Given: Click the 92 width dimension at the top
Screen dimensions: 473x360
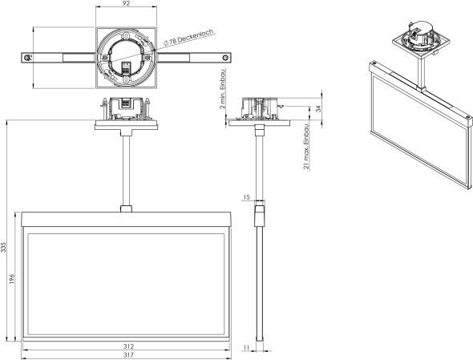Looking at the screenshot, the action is [x=127, y=4].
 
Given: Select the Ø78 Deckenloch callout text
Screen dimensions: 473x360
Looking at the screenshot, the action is [x=189, y=37].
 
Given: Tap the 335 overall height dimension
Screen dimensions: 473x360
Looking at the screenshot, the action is [x=3, y=247].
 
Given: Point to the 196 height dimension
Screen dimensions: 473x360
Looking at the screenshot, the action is [x=11, y=280].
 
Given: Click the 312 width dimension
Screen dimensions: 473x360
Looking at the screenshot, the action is [x=128, y=346].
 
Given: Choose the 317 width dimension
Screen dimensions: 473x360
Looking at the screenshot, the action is [x=128, y=355].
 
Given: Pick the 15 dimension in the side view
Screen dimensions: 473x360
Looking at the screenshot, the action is [x=246, y=197].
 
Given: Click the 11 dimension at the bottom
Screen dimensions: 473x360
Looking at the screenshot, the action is [x=246, y=348].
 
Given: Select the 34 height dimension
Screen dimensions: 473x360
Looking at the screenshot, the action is [x=318, y=107].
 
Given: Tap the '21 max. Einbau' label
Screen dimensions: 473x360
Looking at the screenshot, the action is [x=306, y=147].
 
